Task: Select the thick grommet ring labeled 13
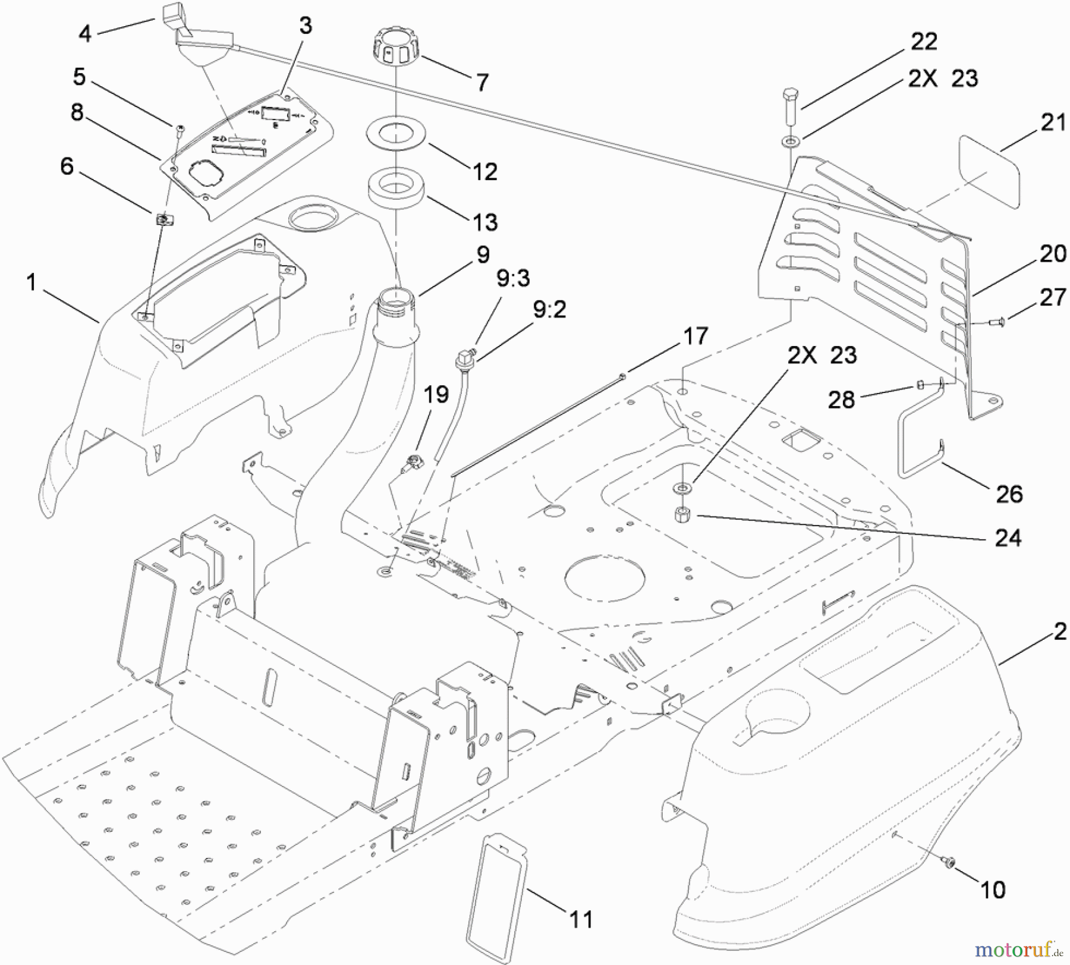click(395, 187)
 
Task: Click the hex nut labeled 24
click(681, 514)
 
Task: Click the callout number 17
click(695, 337)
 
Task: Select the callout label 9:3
click(513, 278)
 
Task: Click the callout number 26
click(1009, 494)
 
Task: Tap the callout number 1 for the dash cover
click(32, 282)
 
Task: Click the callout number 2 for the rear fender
click(1060, 631)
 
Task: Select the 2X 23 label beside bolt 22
click(942, 78)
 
